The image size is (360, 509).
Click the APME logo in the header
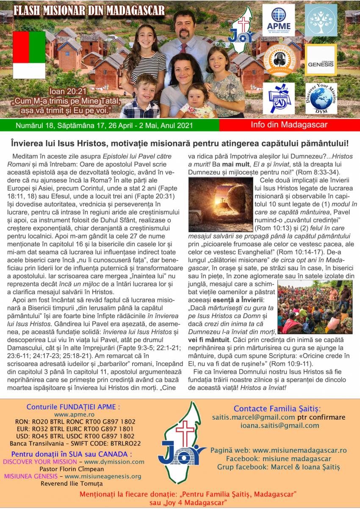coord(278,20)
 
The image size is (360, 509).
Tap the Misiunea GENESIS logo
coord(321,60)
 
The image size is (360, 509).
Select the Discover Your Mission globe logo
coord(321,98)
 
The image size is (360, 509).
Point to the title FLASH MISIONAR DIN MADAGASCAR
coord(89,11)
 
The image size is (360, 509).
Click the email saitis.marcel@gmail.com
coord(253,418)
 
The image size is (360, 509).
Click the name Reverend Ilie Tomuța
coord(72,483)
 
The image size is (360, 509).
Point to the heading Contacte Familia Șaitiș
coord(277,409)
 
